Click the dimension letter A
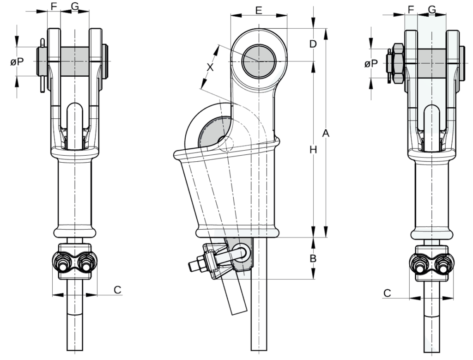click(x=325, y=134)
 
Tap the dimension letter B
click(x=313, y=259)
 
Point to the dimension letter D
click(x=313, y=44)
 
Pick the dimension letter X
click(x=210, y=67)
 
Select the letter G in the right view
click(x=432, y=9)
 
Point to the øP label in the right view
click(x=371, y=63)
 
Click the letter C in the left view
click(x=117, y=290)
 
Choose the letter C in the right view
click(x=388, y=293)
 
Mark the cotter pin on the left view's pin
click(x=43, y=65)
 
